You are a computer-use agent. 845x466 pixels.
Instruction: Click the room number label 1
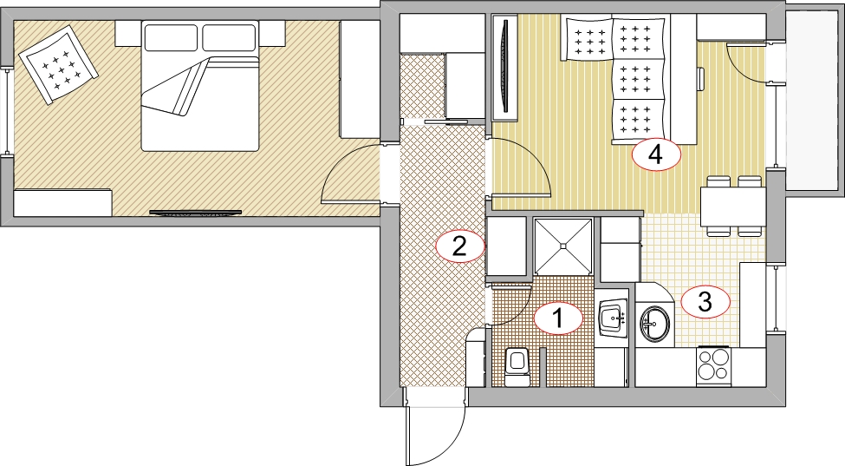[558, 318]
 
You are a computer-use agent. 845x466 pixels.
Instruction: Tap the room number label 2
[459, 247]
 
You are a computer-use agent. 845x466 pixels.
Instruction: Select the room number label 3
[705, 302]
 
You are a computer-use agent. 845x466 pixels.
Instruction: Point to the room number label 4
[656, 155]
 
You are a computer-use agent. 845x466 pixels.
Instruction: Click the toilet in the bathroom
[517, 367]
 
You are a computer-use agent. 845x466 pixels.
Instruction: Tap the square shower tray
[563, 246]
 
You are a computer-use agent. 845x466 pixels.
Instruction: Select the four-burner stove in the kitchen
[713, 365]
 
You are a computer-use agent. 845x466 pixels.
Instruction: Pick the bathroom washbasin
[614, 318]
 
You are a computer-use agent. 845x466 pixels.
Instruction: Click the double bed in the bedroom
[200, 85]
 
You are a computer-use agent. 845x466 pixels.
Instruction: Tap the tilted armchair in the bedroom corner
[58, 64]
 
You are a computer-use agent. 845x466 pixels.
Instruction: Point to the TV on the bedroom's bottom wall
[195, 213]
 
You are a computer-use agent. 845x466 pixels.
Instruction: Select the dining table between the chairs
[733, 207]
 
